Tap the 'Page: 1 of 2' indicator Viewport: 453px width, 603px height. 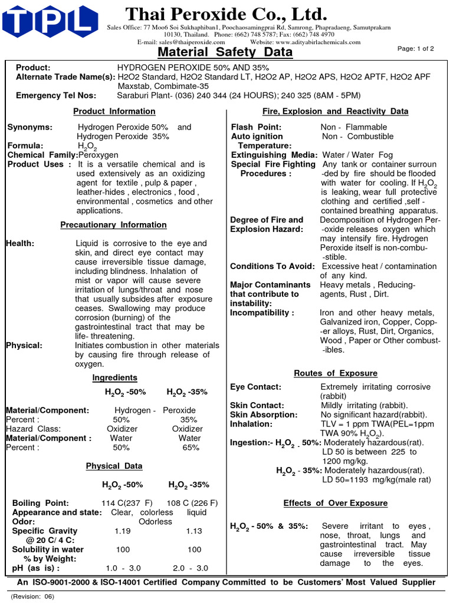pyautogui.click(x=416, y=49)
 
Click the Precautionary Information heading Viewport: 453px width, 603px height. pyautogui.click(x=113, y=225)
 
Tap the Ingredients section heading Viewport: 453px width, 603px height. pyautogui.click(x=114, y=377)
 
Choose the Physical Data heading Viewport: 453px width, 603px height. pyautogui.click(x=114, y=466)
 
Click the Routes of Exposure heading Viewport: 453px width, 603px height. pyautogui.click(x=336, y=373)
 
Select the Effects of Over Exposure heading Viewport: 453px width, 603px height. pyautogui.click(x=335, y=503)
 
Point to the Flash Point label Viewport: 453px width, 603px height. pyautogui.click(x=256, y=127)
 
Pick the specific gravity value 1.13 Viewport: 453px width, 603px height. pyautogui.click(x=194, y=531)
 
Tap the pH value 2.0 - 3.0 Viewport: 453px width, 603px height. pyautogui.click(x=191, y=568)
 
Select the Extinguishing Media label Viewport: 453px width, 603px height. pyautogui.click(x=274, y=155)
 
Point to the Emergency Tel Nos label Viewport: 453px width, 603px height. pyautogui.click(x=52, y=95)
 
